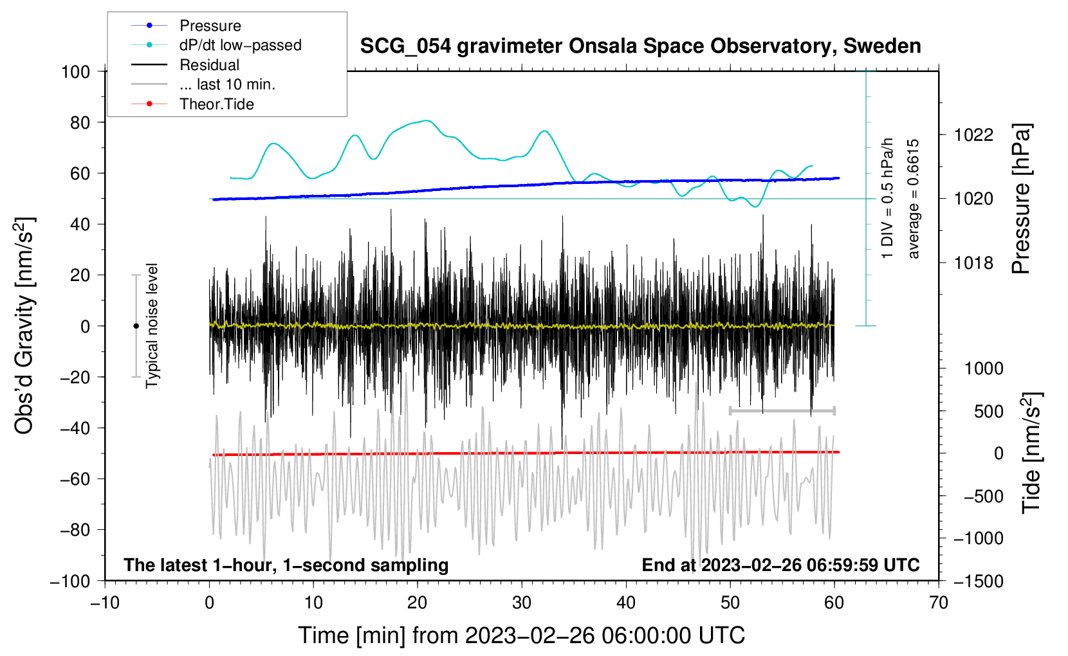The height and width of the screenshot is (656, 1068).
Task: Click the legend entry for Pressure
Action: pyautogui.click(x=210, y=26)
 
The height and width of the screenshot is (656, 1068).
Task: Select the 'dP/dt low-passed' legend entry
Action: pyautogui.click(x=240, y=45)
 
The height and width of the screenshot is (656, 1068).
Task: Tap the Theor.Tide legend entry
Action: pyautogui.click(x=216, y=104)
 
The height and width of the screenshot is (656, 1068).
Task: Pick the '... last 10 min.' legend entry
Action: pyautogui.click(x=227, y=84)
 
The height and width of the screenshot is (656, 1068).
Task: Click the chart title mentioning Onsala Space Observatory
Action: pyautogui.click(x=640, y=46)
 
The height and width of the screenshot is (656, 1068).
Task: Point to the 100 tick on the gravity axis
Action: pyautogui.click(x=75, y=71)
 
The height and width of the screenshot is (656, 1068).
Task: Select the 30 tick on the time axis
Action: pyautogui.click(x=521, y=603)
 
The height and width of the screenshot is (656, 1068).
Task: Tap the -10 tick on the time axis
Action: pyautogui.click(x=105, y=603)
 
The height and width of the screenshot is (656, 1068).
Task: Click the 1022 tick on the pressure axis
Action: pyautogui.click(x=973, y=135)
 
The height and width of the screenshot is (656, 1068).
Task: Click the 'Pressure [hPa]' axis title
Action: pyautogui.click(x=1021, y=199)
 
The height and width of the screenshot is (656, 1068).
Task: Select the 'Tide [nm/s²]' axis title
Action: pyautogui.click(x=1031, y=453)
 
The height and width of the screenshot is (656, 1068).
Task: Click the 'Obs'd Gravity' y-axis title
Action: pyautogui.click(x=24, y=326)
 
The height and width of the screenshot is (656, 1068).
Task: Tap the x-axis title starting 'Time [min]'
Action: pyautogui.click(x=521, y=635)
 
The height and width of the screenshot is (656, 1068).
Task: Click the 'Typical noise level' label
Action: pyautogui.click(x=152, y=326)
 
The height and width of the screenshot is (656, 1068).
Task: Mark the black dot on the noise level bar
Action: pyautogui.click(x=136, y=326)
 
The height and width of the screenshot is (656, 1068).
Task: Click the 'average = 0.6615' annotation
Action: pyautogui.click(x=914, y=199)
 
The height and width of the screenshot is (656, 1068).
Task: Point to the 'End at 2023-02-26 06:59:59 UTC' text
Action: pyautogui.click(x=780, y=565)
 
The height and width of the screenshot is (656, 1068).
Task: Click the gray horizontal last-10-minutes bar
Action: pyautogui.click(x=782, y=410)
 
